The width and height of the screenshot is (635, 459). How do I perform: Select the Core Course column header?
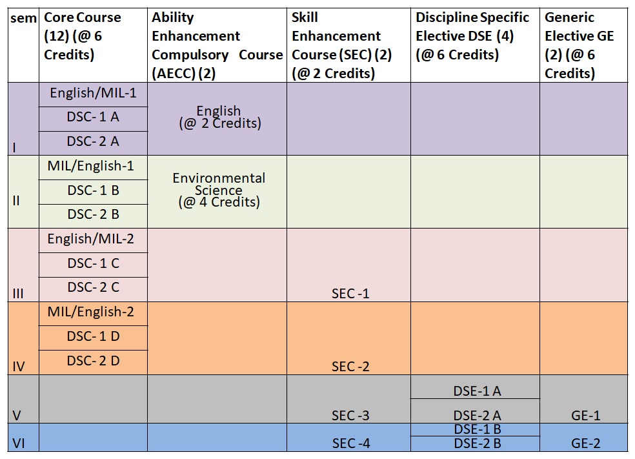(x=82, y=36)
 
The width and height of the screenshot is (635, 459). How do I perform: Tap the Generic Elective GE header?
(x=579, y=45)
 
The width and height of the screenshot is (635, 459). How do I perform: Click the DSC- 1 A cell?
(x=93, y=117)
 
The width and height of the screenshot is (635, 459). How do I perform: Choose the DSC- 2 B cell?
(x=93, y=214)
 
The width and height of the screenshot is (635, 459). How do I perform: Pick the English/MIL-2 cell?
(x=91, y=239)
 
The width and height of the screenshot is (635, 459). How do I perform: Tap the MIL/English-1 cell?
(x=91, y=166)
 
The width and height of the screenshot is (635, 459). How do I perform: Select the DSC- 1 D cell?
(x=93, y=336)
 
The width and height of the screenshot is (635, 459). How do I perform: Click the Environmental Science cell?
(x=219, y=190)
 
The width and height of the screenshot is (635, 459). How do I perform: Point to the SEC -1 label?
(x=350, y=294)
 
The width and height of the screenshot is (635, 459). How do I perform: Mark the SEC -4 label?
(x=350, y=444)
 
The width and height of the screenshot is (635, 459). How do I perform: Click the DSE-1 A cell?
(x=478, y=391)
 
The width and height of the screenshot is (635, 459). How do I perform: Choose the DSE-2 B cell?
(x=478, y=444)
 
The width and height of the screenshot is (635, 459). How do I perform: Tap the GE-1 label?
(x=585, y=416)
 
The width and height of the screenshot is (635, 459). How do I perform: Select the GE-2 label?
(x=585, y=444)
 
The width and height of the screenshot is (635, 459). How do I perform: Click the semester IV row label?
(x=19, y=367)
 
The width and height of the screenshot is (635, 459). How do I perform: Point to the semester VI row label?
(x=19, y=444)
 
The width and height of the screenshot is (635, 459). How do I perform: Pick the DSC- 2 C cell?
(x=93, y=287)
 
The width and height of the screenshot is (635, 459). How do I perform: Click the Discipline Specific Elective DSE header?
(x=472, y=36)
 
